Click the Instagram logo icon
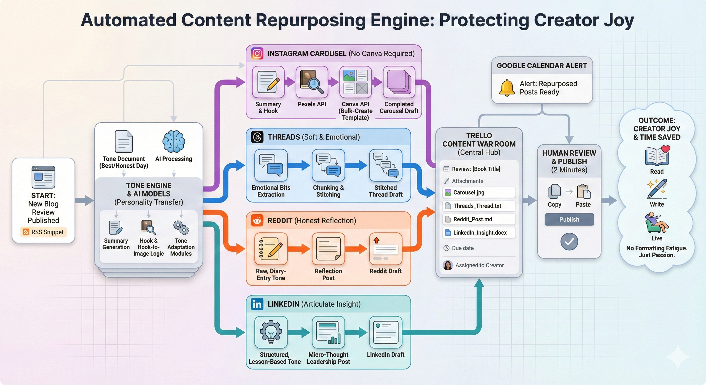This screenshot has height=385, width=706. (x=257, y=53)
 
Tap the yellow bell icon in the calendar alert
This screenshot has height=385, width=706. (x=507, y=88)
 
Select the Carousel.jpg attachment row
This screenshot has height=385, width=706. (x=479, y=192)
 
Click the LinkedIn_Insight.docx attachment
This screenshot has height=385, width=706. (x=479, y=233)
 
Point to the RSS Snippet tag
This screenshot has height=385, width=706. (x=43, y=232)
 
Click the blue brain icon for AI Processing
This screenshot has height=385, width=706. (x=173, y=141)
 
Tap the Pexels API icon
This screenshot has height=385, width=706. (x=312, y=82)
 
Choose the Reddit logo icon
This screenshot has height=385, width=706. (x=257, y=220)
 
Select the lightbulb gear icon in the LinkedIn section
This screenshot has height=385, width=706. (x=271, y=332)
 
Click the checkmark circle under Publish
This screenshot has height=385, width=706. (x=569, y=241)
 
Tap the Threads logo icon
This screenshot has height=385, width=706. (x=257, y=137)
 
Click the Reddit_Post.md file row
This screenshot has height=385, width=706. (x=479, y=219)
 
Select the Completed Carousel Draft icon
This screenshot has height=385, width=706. (x=399, y=82)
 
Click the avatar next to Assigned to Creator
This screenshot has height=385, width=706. (x=448, y=265)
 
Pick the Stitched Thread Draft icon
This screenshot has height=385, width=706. (x=385, y=165)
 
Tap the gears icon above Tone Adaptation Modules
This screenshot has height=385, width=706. (x=181, y=228)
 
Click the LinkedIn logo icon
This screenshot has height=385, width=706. (x=257, y=304)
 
